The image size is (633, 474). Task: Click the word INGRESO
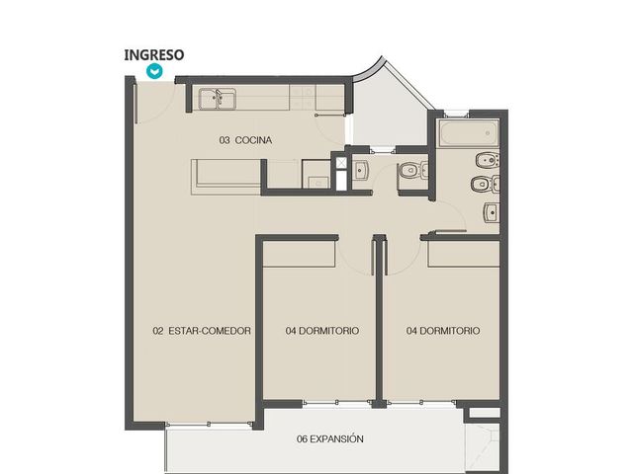(x=154, y=55)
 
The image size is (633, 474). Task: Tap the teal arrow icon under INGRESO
(x=154, y=71)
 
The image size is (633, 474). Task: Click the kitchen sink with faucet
(x=218, y=99)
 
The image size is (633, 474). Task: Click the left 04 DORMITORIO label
(x=322, y=331)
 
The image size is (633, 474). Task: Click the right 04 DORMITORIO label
(x=443, y=331)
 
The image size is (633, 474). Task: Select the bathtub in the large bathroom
(x=469, y=132)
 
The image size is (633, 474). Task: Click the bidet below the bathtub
(x=488, y=160)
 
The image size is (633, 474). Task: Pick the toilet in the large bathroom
(x=486, y=185)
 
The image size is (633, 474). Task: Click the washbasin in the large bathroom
(x=491, y=213)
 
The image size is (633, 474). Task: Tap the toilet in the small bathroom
(x=412, y=171)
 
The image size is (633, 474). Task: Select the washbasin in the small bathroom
(x=360, y=171)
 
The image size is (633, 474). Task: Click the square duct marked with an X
(x=341, y=162)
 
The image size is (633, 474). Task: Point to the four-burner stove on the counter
(x=303, y=98)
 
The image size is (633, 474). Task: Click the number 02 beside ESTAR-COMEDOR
(x=158, y=331)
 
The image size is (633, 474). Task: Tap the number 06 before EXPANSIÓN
(x=302, y=438)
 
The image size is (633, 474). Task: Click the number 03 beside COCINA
(x=225, y=140)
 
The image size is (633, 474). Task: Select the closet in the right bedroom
(x=464, y=254)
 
